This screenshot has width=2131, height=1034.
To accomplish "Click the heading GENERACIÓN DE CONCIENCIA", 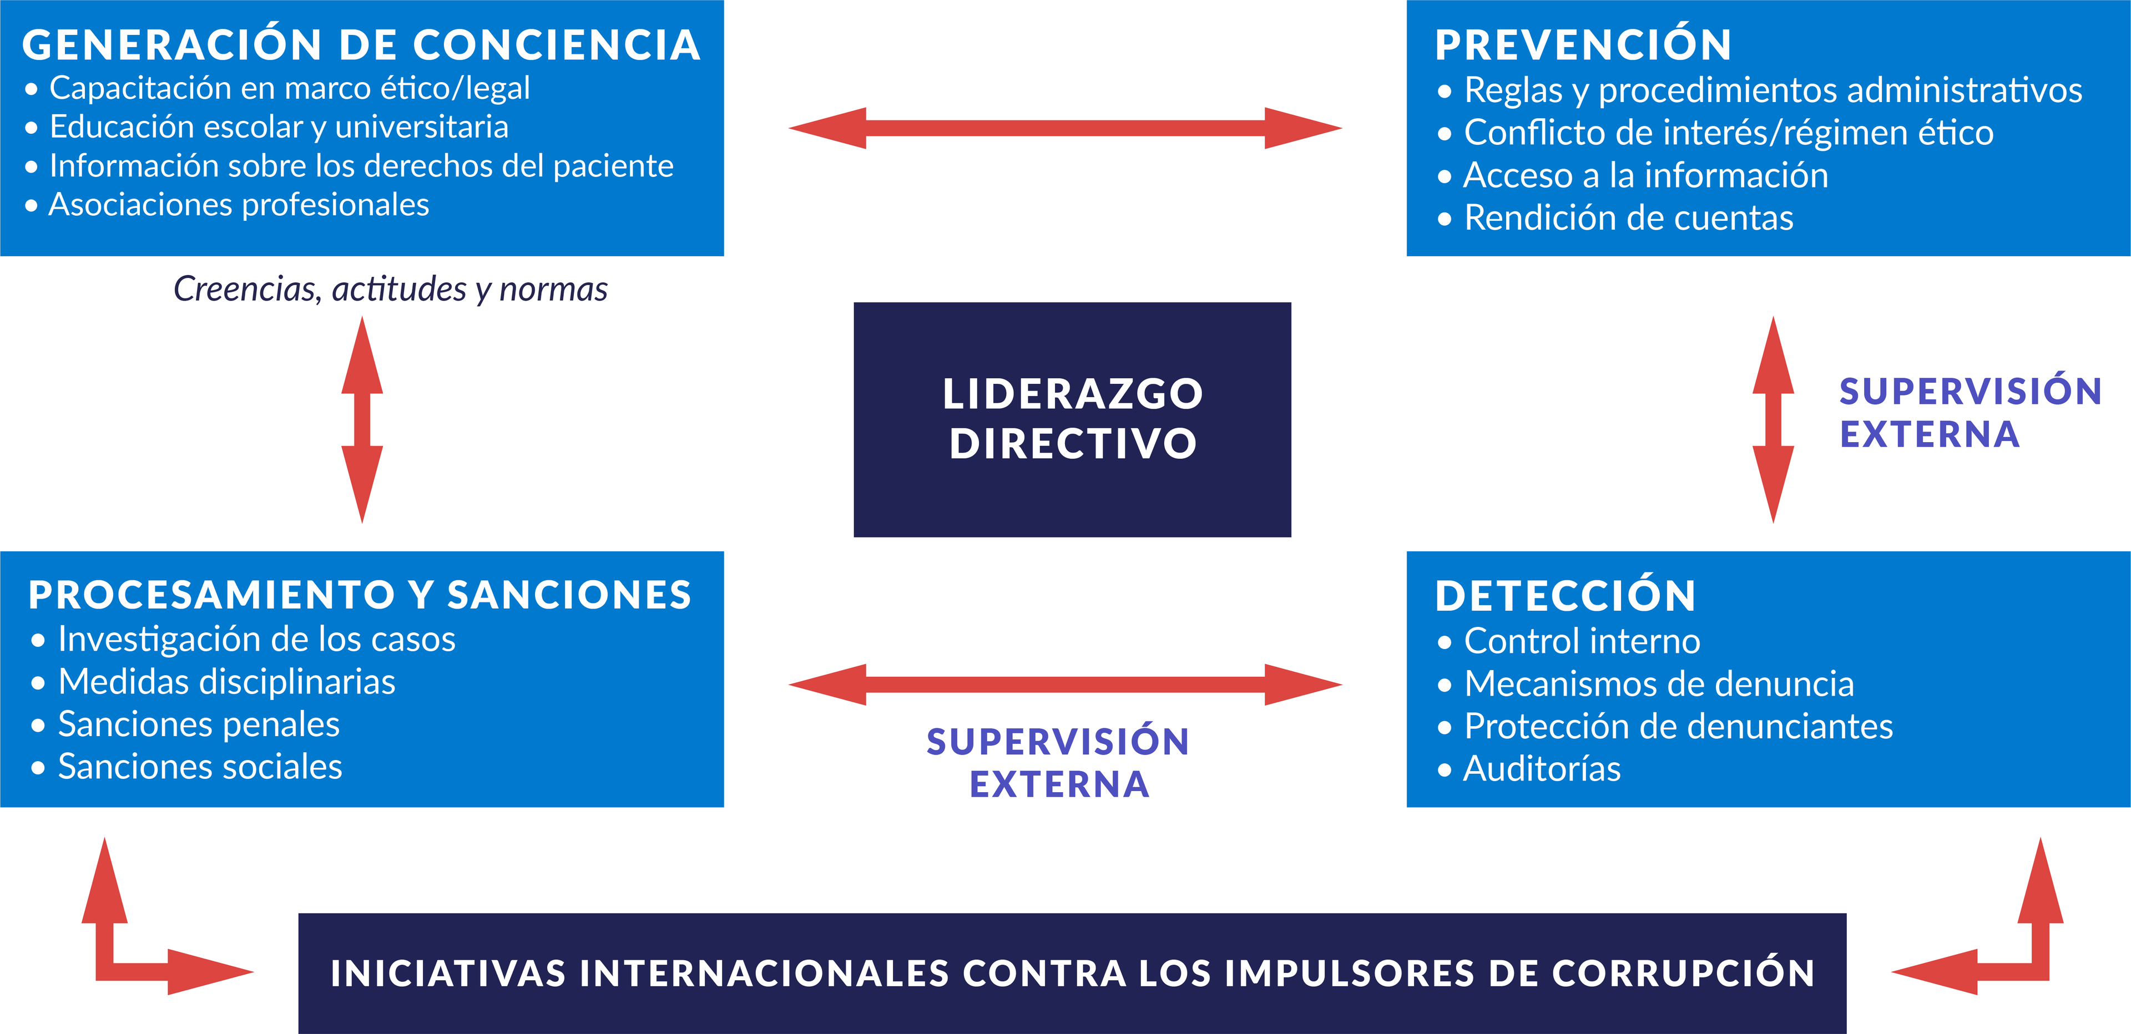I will [x=361, y=45].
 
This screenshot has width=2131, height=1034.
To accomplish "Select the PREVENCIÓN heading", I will [x=1583, y=45].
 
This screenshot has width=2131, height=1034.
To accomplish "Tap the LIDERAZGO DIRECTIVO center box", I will [x=1072, y=419].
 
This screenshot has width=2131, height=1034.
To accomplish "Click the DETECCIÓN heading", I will [x=1565, y=596].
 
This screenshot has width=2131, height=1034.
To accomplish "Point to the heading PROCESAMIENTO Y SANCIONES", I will [x=360, y=595].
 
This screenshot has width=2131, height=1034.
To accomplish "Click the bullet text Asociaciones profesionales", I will [x=238, y=204].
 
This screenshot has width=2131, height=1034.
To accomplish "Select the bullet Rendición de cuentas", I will [x=1628, y=217].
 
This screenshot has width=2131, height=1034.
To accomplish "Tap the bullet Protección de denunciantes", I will [x=1678, y=726].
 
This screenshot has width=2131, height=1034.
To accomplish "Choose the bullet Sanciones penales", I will [x=199, y=724].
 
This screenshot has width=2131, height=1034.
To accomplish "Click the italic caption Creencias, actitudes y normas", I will [x=391, y=288].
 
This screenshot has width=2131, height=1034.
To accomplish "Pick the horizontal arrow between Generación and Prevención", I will [x=1065, y=128].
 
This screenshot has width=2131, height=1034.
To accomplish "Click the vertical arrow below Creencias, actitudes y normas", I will [x=362, y=419].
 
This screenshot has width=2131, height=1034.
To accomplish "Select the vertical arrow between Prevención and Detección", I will [x=1773, y=419].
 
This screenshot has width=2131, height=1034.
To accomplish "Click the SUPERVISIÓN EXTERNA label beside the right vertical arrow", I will [x=1970, y=413].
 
